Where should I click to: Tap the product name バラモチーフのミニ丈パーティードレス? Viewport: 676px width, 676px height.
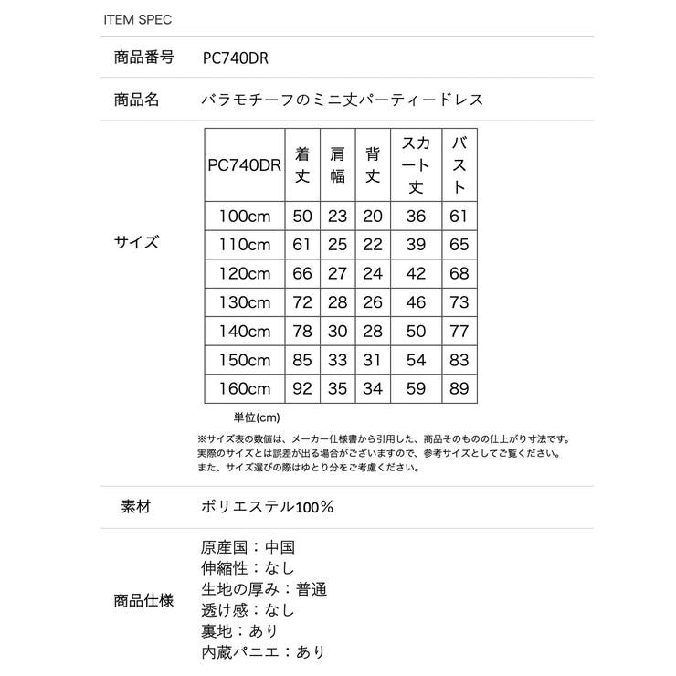click(342, 100)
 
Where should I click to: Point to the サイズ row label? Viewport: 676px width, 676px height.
click(136, 243)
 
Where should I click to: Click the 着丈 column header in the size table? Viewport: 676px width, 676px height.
click(303, 164)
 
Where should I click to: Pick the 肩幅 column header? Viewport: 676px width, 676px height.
click(338, 164)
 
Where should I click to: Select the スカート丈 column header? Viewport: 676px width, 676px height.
click(416, 164)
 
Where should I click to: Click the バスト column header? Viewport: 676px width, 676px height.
click(459, 164)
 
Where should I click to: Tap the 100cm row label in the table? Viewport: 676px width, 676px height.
click(245, 217)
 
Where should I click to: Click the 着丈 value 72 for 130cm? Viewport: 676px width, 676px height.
click(303, 301)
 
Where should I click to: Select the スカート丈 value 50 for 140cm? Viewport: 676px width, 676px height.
click(416, 330)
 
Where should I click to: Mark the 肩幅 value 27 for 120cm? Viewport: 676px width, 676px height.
click(338, 273)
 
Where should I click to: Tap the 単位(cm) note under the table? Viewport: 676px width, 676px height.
click(257, 417)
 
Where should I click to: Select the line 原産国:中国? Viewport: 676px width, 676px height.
click(248, 548)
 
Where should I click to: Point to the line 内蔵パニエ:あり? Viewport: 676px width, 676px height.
click(262, 652)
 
